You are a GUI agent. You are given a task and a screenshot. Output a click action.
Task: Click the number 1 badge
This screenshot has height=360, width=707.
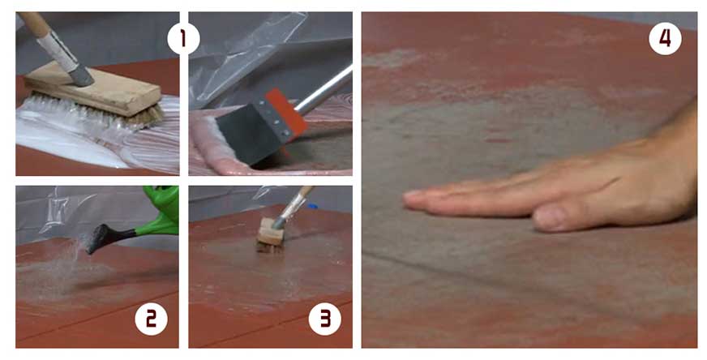click(183, 38)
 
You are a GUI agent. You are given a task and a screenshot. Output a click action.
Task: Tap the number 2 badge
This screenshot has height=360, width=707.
click(151, 319)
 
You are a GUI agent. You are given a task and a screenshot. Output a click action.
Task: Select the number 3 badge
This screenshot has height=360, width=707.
click(325, 319)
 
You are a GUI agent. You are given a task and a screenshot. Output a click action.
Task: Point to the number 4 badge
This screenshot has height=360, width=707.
click(665, 38)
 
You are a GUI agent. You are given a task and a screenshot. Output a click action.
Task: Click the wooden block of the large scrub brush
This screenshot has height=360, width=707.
click(92, 89)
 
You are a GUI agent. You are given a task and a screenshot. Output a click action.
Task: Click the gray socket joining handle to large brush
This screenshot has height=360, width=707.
click(80, 75)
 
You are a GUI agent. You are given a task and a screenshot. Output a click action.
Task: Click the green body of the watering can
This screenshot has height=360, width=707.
click(161, 213)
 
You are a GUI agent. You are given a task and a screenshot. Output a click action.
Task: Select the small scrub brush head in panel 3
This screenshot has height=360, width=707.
click(271, 236)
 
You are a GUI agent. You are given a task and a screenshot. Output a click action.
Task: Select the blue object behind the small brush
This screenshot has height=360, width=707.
click(312, 207)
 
